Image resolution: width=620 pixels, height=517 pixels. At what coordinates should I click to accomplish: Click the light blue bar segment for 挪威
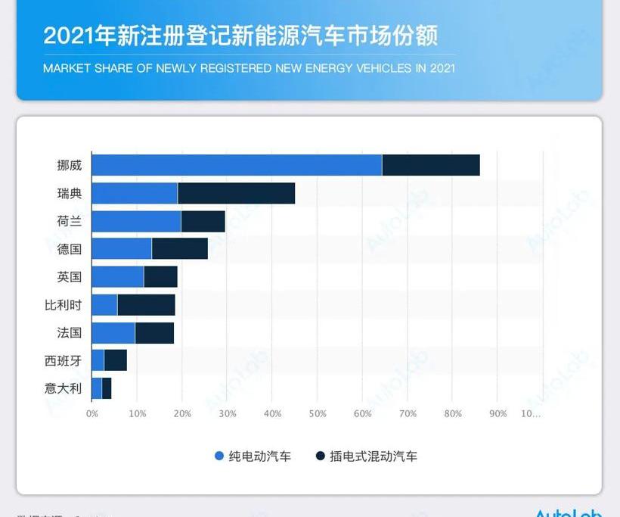(x=237, y=165)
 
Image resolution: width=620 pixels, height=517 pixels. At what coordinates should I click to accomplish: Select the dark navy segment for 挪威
(x=431, y=165)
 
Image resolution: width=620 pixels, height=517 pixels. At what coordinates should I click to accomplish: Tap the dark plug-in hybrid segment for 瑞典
(x=236, y=194)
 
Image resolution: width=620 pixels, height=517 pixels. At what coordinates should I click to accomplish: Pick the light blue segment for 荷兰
(x=136, y=222)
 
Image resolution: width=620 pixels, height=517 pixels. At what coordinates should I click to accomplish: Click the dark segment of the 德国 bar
(x=180, y=248)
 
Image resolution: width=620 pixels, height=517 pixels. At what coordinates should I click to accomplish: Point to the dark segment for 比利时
(x=146, y=305)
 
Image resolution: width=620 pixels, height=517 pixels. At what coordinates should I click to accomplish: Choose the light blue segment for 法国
(x=113, y=333)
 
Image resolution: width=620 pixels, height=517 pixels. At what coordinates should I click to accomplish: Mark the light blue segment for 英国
(x=118, y=277)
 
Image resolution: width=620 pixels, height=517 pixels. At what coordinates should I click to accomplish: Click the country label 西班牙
(x=64, y=361)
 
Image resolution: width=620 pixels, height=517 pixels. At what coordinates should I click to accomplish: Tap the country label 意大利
(x=64, y=388)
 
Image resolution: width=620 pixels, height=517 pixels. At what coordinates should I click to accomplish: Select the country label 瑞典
(x=70, y=194)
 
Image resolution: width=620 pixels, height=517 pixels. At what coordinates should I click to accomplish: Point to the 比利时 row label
(x=64, y=305)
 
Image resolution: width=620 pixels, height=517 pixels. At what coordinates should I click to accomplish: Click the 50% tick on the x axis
(x=318, y=414)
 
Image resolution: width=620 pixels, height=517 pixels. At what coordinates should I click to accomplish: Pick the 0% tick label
(x=92, y=414)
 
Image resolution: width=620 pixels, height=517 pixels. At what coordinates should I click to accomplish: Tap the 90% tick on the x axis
(x=498, y=414)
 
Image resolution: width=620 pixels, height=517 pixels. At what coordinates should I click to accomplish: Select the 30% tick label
(x=228, y=414)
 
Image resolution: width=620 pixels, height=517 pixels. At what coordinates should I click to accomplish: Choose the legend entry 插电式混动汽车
(x=367, y=456)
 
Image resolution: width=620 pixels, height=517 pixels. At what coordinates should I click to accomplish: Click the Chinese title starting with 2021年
(x=240, y=36)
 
